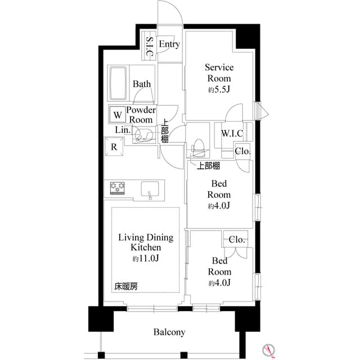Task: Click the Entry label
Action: [169, 44]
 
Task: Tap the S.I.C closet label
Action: [150, 47]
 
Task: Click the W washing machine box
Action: [117, 115]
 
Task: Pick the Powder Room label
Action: [141, 115]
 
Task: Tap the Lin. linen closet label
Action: [123, 130]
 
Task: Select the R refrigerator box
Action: [114, 148]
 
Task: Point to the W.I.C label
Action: [232, 133]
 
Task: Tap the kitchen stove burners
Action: [116, 188]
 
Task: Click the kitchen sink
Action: [150, 190]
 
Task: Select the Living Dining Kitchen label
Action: [146, 242]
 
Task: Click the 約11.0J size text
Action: [146, 259]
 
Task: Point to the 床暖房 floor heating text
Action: [126, 286]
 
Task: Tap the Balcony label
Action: [169, 332]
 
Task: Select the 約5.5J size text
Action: [219, 90]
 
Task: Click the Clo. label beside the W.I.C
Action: [242, 151]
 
